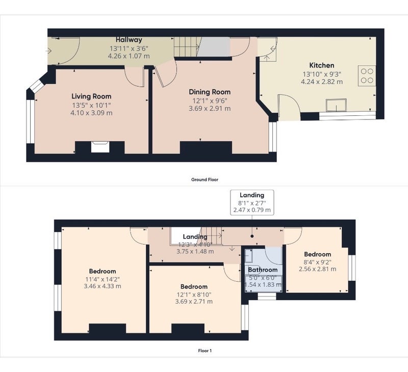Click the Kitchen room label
pos(322,65)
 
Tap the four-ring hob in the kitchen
pos(367,76)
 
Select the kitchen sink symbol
pos(336,105)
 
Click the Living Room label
pos(91,96)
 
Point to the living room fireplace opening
pos(100,147)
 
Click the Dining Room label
pos(210,92)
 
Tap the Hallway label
pos(129,40)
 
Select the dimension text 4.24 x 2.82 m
pos(322,82)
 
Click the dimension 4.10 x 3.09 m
pos(91,113)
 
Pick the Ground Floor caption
pos(205,180)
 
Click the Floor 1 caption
pos(205,351)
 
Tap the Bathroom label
pos(263,270)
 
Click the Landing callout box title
pos(252,195)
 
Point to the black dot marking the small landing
pos(252,236)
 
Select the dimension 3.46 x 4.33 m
pos(103,286)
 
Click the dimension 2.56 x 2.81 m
pos(317,269)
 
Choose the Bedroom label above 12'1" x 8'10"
pos(194,287)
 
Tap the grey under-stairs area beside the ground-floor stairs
pos(213,47)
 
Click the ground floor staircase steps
pos(186,47)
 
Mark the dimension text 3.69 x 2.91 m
pos(210,109)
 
